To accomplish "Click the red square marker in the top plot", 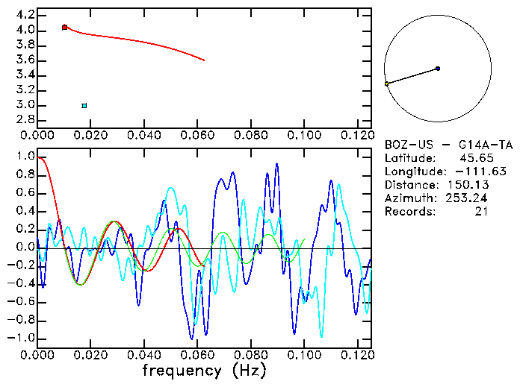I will point(64,27).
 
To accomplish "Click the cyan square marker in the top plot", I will point(84,106).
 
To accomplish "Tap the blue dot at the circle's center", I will point(438,69).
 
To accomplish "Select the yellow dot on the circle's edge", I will point(386,84).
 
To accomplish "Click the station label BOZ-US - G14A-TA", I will point(448,145).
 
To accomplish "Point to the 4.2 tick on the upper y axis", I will point(24,15).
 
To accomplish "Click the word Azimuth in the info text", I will point(409,198).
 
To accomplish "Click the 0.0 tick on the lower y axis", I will point(26,248).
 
